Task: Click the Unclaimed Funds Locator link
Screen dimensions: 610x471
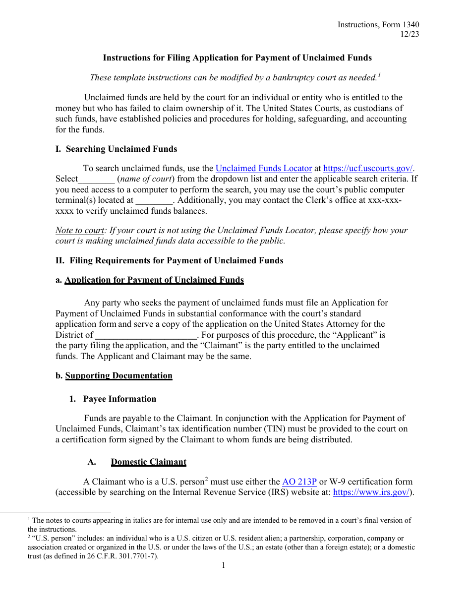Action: [264, 169]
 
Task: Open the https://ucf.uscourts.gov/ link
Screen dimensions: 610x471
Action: [368, 169]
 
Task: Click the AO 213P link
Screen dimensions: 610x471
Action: [299, 482]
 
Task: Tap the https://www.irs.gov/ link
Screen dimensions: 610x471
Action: [371, 492]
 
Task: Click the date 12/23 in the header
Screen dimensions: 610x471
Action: [410, 34]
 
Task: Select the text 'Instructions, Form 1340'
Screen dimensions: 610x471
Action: [378, 25]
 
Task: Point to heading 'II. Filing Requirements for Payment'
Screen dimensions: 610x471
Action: [169, 261]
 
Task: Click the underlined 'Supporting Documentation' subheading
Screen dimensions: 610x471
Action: [118, 376]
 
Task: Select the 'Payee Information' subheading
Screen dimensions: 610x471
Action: [119, 399]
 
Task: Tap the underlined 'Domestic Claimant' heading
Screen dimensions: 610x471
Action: [148, 462]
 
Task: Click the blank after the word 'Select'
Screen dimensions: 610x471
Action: [96, 180]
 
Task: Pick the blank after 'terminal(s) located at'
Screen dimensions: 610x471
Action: [154, 201]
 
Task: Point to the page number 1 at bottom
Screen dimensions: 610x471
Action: [223, 565]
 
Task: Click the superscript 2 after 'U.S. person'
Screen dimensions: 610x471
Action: [206, 479]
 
